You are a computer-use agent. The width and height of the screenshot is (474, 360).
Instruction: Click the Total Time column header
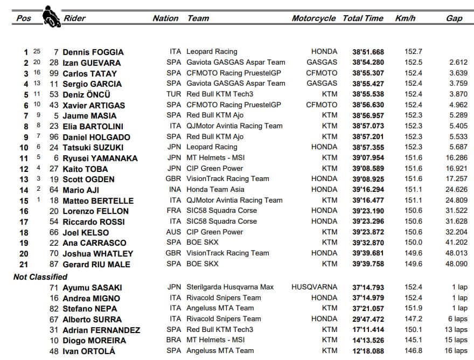pyautogui.click(x=363, y=18)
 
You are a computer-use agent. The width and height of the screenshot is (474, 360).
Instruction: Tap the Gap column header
pyautogui.click(x=454, y=18)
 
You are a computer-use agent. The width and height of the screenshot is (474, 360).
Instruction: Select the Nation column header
pyautogui.click(x=165, y=18)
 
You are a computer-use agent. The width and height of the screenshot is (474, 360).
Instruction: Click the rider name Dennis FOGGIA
pyautogui.click(x=93, y=52)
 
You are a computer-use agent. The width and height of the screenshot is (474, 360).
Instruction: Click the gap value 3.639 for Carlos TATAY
pyautogui.click(x=457, y=73)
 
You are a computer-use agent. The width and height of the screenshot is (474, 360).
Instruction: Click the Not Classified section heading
pyautogui.click(x=40, y=276)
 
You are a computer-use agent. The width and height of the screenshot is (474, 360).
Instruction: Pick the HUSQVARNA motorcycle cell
pyautogui.click(x=315, y=287)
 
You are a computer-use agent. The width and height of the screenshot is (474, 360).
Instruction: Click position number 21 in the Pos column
pyautogui.click(x=24, y=264)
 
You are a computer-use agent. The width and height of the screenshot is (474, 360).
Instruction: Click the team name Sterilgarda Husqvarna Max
pyautogui.click(x=230, y=287)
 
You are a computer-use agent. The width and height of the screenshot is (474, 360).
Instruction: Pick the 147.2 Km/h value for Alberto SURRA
pyautogui.click(x=413, y=319)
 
